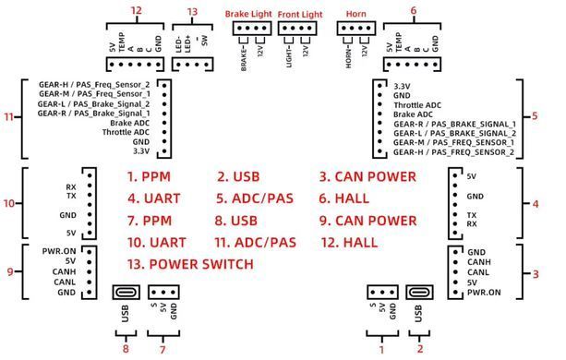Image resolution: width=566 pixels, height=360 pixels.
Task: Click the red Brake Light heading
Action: [x=248, y=14]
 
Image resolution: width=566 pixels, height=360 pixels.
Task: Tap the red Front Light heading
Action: [x=300, y=15]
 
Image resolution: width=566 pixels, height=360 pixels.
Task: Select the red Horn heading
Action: [x=355, y=14]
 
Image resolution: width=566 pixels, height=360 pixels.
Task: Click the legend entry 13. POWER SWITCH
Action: [x=190, y=264]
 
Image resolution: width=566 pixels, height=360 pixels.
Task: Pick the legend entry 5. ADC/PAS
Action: [x=255, y=198]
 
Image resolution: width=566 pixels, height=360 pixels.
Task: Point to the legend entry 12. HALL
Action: [x=349, y=243]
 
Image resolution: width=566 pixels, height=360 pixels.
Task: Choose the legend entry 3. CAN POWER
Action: [x=367, y=176]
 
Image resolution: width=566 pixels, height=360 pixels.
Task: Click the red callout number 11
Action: [x=8, y=117]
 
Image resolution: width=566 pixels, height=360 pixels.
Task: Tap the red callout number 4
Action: [x=536, y=204]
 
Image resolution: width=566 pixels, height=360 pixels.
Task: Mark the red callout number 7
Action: [x=163, y=349]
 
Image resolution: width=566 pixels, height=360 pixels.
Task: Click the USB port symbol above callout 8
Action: [x=126, y=292]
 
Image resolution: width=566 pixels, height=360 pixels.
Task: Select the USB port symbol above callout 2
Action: [x=419, y=292]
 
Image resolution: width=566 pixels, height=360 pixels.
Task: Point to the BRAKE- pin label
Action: [x=244, y=58]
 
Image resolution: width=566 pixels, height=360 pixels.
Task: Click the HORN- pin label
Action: [x=349, y=56]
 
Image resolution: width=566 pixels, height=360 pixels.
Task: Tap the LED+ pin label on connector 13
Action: [x=187, y=44]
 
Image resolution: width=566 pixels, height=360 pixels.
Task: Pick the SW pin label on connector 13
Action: [x=205, y=41]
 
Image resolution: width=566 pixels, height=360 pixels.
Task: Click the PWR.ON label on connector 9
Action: [x=59, y=251]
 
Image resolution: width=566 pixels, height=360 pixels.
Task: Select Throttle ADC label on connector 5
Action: [x=417, y=105]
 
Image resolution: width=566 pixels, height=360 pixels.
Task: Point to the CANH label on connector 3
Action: [x=479, y=262]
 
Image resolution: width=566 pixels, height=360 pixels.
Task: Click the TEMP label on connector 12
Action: [x=122, y=42]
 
